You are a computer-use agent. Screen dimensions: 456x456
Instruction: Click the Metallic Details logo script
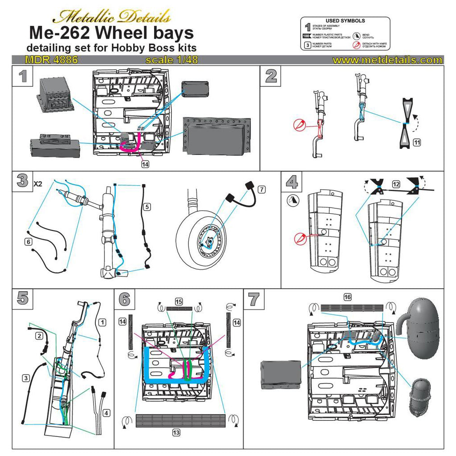pyautogui.click(x=111, y=17)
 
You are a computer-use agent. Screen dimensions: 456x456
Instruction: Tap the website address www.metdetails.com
pyautogui.click(x=387, y=60)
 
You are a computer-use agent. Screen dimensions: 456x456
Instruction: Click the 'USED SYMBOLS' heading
pyautogui.click(x=345, y=20)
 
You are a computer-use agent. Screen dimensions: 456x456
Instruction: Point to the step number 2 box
pyautogui.click(x=271, y=76)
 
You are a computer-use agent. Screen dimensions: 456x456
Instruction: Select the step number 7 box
pyautogui.click(x=254, y=298)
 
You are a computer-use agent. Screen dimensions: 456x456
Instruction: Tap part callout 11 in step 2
pyautogui.click(x=417, y=143)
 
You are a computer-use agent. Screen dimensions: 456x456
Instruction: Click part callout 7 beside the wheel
pyautogui.click(x=261, y=190)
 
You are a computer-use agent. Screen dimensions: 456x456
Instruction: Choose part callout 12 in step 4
pyautogui.click(x=396, y=183)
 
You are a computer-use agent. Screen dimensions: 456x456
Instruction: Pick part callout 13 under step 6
pyautogui.click(x=177, y=432)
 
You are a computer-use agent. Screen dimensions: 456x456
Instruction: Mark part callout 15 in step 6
pyautogui.click(x=179, y=301)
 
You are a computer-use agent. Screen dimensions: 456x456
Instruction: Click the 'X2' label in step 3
pyautogui.click(x=39, y=183)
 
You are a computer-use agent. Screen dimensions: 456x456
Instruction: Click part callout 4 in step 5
pyautogui.click(x=106, y=413)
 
